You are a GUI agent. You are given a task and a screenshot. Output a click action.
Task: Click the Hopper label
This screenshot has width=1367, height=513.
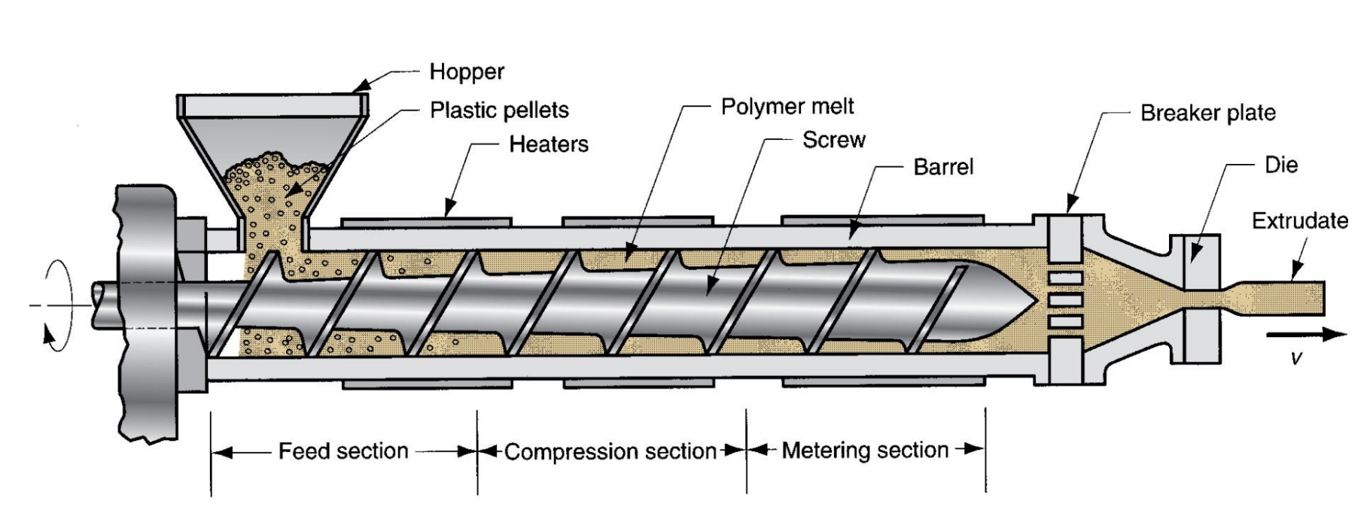point(467,72)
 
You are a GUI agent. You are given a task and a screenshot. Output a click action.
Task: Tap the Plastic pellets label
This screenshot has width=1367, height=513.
point(499,111)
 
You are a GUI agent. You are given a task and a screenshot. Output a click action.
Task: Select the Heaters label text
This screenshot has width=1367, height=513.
point(549,144)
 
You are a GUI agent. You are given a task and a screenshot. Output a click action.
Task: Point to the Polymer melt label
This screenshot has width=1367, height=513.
point(787,106)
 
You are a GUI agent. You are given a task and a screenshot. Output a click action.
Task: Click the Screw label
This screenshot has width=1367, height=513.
point(834,140)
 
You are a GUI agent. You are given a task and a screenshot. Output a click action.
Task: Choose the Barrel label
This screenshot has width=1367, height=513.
point(943,166)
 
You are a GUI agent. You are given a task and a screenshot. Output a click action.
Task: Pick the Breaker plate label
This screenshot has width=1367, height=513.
point(1208,113)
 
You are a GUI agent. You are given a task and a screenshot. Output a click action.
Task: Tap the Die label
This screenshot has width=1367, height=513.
point(1282,165)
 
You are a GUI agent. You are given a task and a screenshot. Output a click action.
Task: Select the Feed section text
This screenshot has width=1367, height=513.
point(343,451)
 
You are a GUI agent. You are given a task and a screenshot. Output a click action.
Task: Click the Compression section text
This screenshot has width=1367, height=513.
point(610,452)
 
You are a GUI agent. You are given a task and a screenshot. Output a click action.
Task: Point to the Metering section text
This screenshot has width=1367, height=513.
point(865,451)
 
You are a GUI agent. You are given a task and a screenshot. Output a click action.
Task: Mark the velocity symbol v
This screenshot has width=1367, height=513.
point(1295,359)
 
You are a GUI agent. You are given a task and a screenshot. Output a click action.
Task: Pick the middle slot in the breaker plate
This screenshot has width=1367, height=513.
point(1066,301)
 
